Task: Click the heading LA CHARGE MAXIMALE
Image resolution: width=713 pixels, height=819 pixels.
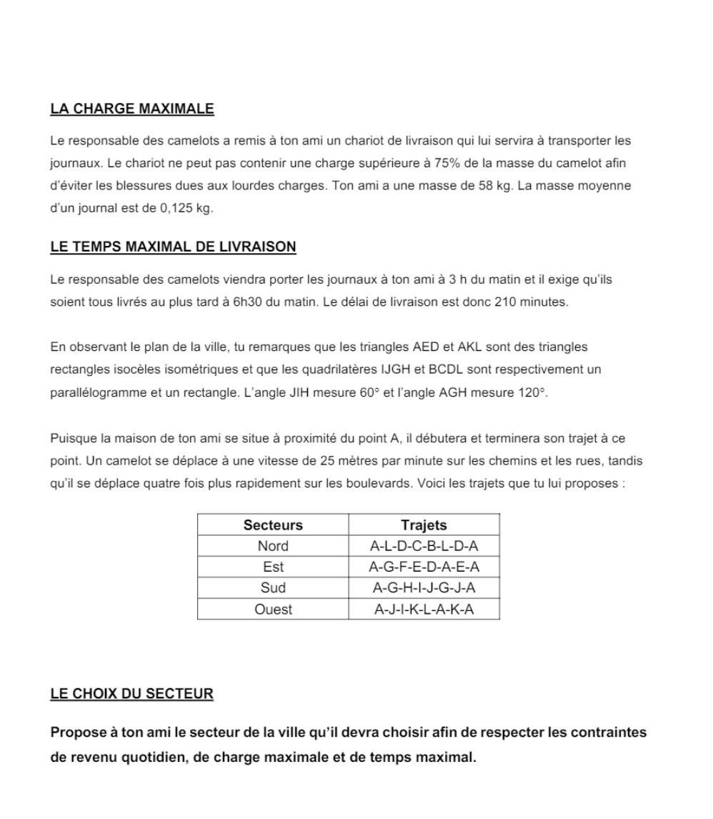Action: [x=132, y=109]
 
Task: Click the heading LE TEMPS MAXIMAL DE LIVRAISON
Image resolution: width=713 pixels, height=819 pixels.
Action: [x=173, y=247]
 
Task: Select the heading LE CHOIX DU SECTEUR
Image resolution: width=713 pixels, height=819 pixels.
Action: [x=131, y=694]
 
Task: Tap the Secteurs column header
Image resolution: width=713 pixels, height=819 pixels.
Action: [x=273, y=525]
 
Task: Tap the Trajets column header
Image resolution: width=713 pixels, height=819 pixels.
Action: [x=424, y=525]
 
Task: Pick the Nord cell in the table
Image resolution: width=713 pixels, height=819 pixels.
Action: [x=273, y=547]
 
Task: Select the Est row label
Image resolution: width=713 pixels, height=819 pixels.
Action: [x=273, y=567]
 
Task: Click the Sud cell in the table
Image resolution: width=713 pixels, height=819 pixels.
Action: [x=273, y=588]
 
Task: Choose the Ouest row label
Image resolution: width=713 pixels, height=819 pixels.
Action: [x=273, y=610]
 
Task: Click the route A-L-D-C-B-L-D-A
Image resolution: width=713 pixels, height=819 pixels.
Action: [x=424, y=547]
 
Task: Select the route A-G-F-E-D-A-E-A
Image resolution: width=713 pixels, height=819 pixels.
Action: [x=424, y=567]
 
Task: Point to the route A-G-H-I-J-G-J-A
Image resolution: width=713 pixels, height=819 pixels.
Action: [x=424, y=588]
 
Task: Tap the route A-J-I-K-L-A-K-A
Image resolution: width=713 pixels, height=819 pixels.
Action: [x=424, y=610]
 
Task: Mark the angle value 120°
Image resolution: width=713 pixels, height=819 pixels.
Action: [x=532, y=392]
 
